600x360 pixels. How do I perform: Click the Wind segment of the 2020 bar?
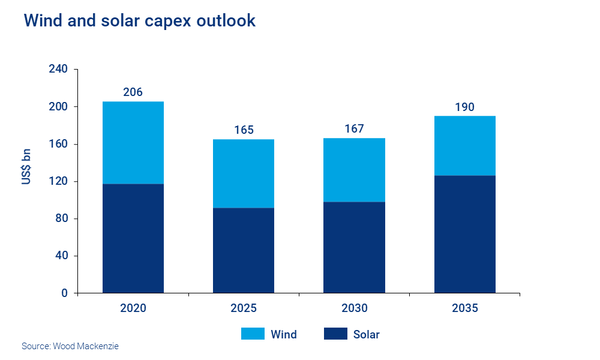(x=133, y=143)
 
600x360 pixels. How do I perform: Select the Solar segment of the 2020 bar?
(x=133, y=238)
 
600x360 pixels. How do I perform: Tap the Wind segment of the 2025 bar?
(x=244, y=173)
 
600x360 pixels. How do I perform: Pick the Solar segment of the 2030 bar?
(x=354, y=247)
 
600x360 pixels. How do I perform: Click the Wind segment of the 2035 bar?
(x=465, y=146)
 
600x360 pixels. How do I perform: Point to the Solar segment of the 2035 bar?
(x=465, y=234)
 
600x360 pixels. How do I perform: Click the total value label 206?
(x=133, y=92)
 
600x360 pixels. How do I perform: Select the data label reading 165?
(x=244, y=130)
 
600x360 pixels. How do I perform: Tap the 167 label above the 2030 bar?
(x=354, y=128)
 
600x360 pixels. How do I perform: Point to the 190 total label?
(x=465, y=107)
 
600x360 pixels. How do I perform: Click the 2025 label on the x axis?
(x=244, y=309)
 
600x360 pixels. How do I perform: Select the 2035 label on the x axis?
(x=465, y=309)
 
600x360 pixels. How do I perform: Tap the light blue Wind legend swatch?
(x=253, y=334)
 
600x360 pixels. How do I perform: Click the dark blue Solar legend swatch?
(x=335, y=334)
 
